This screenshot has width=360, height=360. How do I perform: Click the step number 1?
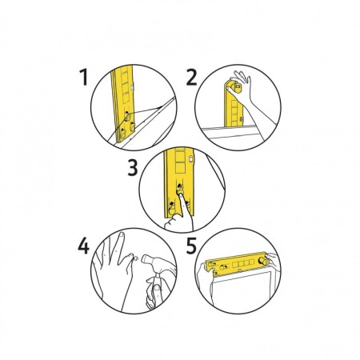click(x=84, y=77)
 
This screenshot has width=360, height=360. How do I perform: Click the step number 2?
click(x=191, y=78)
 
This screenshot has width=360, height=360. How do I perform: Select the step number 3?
click(x=133, y=168)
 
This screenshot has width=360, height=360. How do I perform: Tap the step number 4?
click(x=83, y=246)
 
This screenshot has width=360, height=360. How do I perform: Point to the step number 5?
click(x=191, y=246)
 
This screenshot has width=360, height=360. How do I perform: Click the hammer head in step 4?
click(x=150, y=262)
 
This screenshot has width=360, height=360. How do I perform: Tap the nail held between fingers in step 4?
click(x=136, y=258)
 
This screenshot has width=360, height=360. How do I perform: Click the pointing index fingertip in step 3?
click(x=181, y=195)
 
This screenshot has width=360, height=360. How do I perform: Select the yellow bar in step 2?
click(x=234, y=106)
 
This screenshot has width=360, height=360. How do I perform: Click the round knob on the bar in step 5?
click(x=264, y=261)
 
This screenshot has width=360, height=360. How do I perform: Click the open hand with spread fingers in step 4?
click(x=114, y=270)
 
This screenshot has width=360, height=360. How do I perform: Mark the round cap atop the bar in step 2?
click(x=237, y=86)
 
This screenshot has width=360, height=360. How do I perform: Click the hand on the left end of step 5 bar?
click(x=204, y=280)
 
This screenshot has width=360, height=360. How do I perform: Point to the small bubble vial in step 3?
click(x=191, y=159)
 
